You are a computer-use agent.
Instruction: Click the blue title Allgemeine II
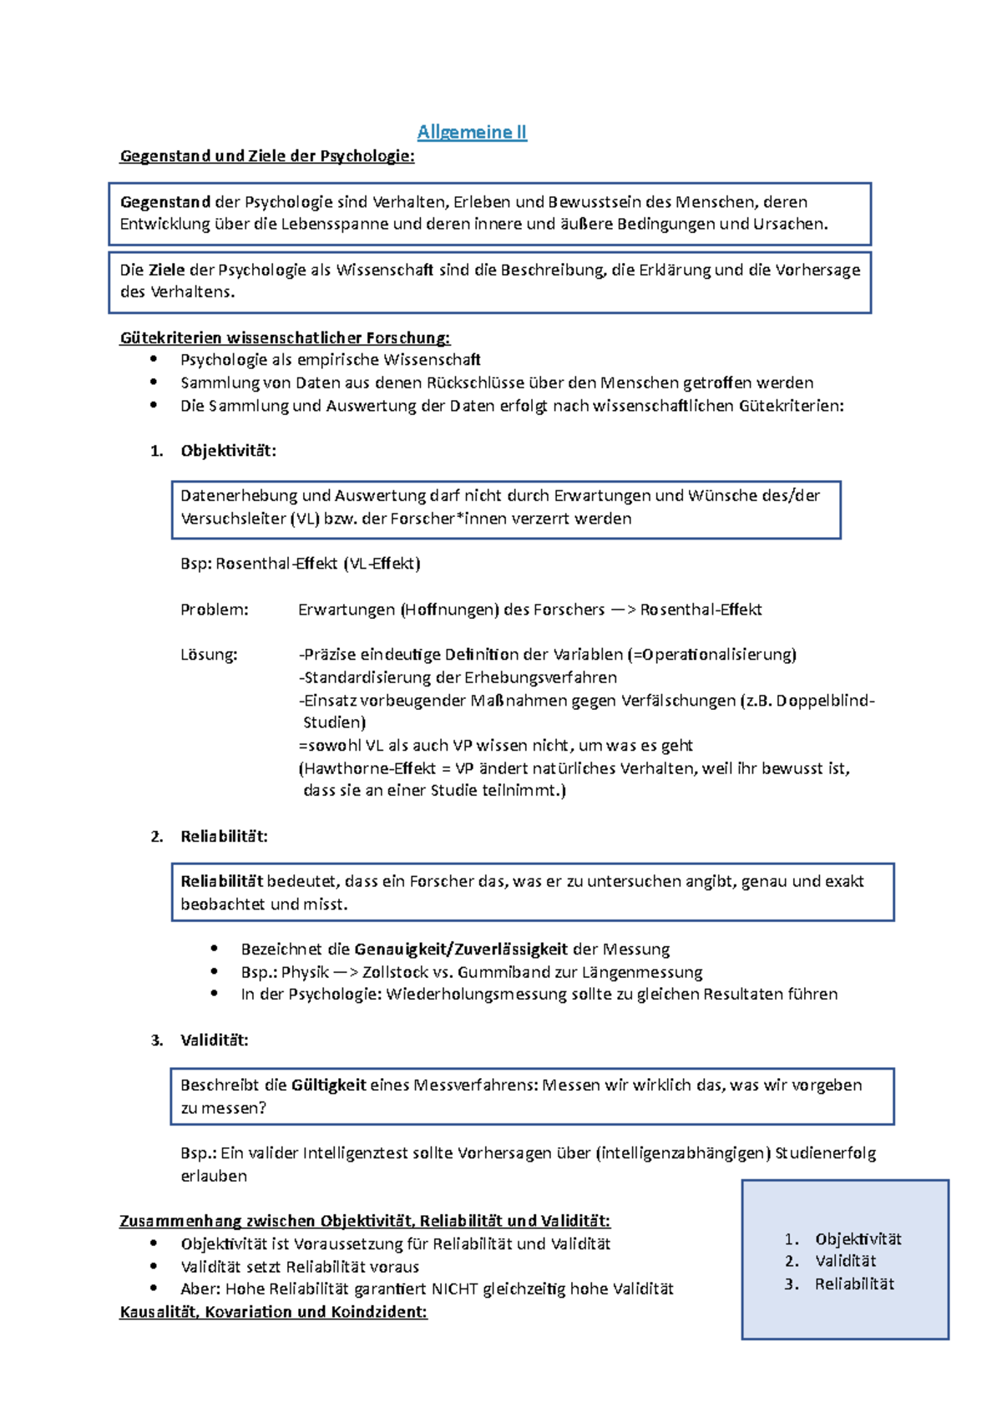(x=472, y=132)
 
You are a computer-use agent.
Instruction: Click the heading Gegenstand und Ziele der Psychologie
(x=266, y=156)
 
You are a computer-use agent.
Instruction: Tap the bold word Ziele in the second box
(x=167, y=270)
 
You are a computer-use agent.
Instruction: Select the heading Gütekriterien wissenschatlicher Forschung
(x=285, y=338)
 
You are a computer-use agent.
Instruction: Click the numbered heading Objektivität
(x=228, y=451)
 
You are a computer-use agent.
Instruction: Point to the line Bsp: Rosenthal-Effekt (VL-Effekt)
(x=300, y=564)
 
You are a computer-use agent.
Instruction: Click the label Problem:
(x=214, y=610)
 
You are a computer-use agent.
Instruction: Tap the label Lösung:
(x=209, y=655)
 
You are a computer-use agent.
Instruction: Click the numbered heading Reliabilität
(x=224, y=837)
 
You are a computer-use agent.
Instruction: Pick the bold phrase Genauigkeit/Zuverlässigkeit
(x=461, y=950)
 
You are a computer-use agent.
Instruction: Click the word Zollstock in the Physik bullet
(x=396, y=972)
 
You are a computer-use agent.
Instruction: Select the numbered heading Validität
(x=214, y=1041)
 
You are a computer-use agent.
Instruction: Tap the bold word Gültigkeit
(x=328, y=1086)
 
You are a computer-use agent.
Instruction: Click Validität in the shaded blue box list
(x=845, y=1262)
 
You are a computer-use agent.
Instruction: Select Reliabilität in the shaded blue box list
(x=854, y=1284)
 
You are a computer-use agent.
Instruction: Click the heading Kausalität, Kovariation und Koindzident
(x=273, y=1313)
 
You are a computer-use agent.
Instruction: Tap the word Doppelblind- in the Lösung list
(x=825, y=701)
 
